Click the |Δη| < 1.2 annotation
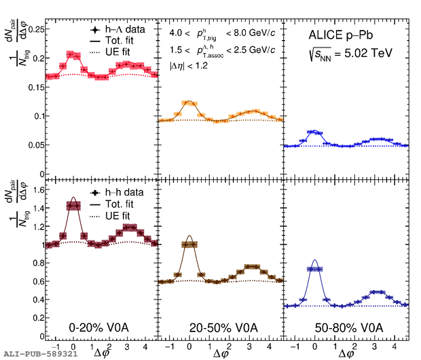(x=188, y=67)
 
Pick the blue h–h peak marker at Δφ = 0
(x=314, y=269)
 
